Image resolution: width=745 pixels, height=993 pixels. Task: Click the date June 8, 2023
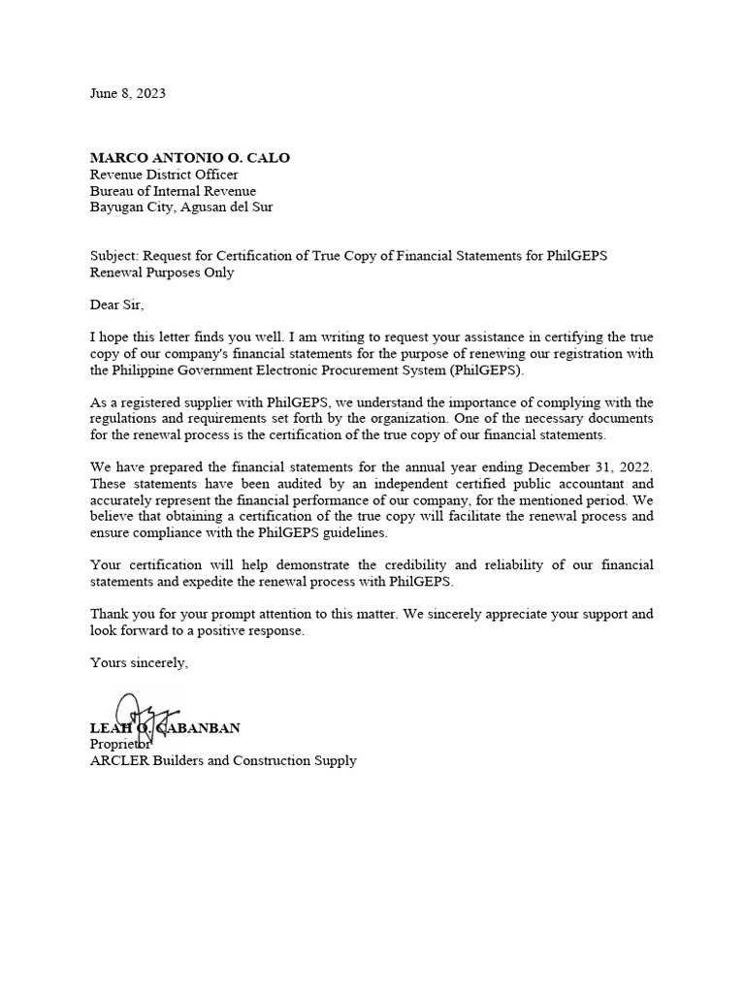pyautogui.click(x=127, y=94)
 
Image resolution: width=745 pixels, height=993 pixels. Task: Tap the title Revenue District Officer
pyautogui.click(x=164, y=175)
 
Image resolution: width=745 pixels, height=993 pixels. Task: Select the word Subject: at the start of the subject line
pyautogui.click(x=113, y=256)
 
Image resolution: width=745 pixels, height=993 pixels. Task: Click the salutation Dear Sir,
pyautogui.click(x=115, y=305)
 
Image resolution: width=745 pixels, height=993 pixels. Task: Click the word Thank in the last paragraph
pyautogui.click(x=109, y=614)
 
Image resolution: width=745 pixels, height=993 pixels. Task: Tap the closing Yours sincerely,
pyautogui.click(x=139, y=662)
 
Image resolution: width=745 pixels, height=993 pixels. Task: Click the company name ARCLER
pyautogui.click(x=115, y=760)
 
